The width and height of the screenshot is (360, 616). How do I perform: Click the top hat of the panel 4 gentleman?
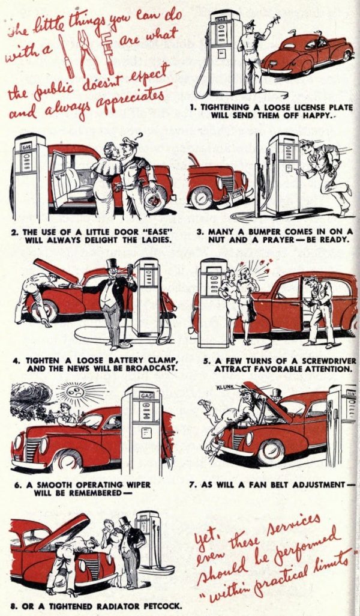tap(111, 264)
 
